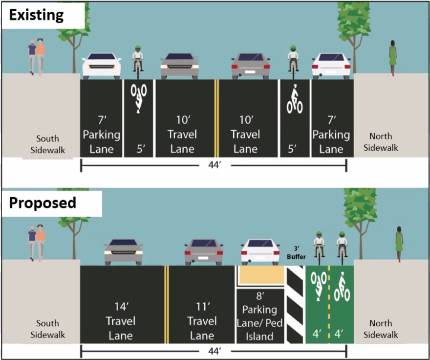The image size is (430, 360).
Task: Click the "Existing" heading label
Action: [x=37, y=15]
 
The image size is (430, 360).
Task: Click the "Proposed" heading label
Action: [x=43, y=202]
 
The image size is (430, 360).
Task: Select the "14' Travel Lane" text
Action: [x=121, y=321]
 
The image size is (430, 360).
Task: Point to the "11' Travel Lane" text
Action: [x=202, y=321]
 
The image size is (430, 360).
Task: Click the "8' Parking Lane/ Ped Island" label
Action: [x=259, y=316]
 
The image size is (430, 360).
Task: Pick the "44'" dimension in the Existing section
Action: [x=214, y=166]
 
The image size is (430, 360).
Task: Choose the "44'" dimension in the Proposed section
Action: [x=214, y=351]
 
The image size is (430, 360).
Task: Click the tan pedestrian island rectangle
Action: [x=261, y=275]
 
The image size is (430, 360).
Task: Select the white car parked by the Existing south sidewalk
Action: [x=102, y=66]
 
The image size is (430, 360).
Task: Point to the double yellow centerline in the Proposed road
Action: [x=166, y=303]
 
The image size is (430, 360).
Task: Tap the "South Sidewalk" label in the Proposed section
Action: [x=48, y=329]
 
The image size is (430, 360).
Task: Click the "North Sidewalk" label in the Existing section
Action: [x=384, y=142]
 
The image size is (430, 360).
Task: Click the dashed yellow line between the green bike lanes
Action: [x=329, y=303]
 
